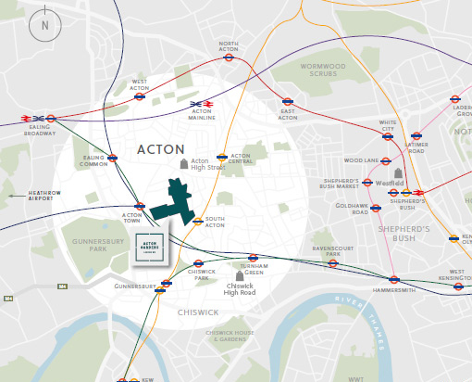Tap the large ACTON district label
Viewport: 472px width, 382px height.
point(160,149)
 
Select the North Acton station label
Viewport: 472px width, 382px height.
point(229,46)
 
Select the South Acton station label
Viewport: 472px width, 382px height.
point(215,223)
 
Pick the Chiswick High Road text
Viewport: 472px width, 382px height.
point(239,289)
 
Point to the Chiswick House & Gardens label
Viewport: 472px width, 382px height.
point(234,336)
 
